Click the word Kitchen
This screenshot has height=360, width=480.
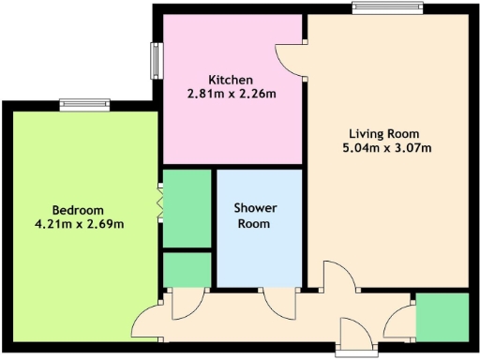pyautogui.click(x=229, y=79)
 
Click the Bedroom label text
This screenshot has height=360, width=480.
pyautogui.click(x=78, y=209)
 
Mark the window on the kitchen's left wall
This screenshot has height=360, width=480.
pyautogui.click(x=155, y=61)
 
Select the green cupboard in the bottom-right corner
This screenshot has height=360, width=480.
pyautogui.click(x=442, y=316)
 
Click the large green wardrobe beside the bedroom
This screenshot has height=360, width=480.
pyautogui.click(x=187, y=208)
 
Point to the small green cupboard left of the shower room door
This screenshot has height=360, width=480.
pyautogui.click(x=187, y=269)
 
